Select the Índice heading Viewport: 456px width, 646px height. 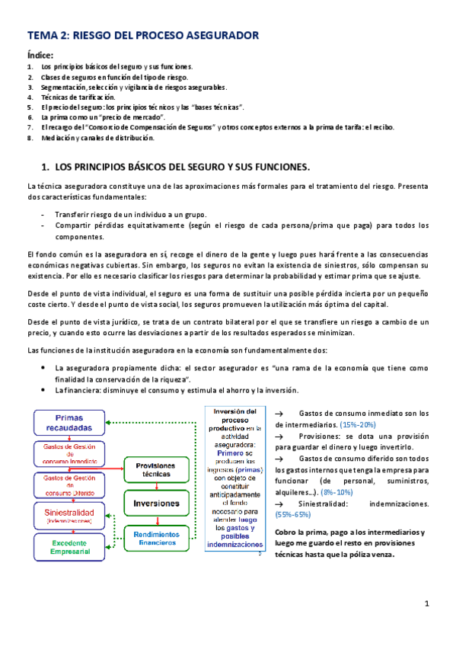click(40, 54)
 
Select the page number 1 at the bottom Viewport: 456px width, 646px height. click(427, 603)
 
